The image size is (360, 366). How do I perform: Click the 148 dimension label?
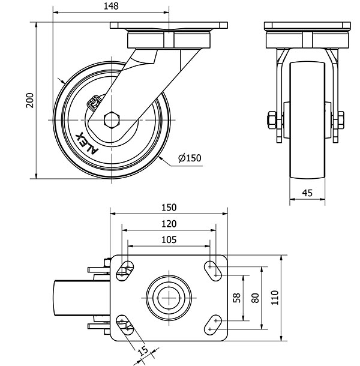click(x=110, y=6)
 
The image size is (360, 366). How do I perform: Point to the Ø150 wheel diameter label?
click(x=189, y=158)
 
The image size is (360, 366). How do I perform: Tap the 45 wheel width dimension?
click(x=307, y=193)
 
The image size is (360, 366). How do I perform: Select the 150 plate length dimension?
click(x=169, y=207)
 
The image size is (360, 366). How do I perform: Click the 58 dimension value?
click(x=237, y=298)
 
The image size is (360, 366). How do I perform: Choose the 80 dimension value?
click(x=255, y=298)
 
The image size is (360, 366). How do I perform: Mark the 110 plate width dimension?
click(x=275, y=298)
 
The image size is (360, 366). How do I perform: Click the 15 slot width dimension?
click(x=142, y=350)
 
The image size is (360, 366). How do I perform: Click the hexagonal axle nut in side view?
click(x=112, y=119)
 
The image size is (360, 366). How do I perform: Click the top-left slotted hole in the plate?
click(x=125, y=270)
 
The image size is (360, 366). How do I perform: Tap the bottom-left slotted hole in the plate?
click(x=125, y=325)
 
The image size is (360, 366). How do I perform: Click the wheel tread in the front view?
click(x=307, y=120)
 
